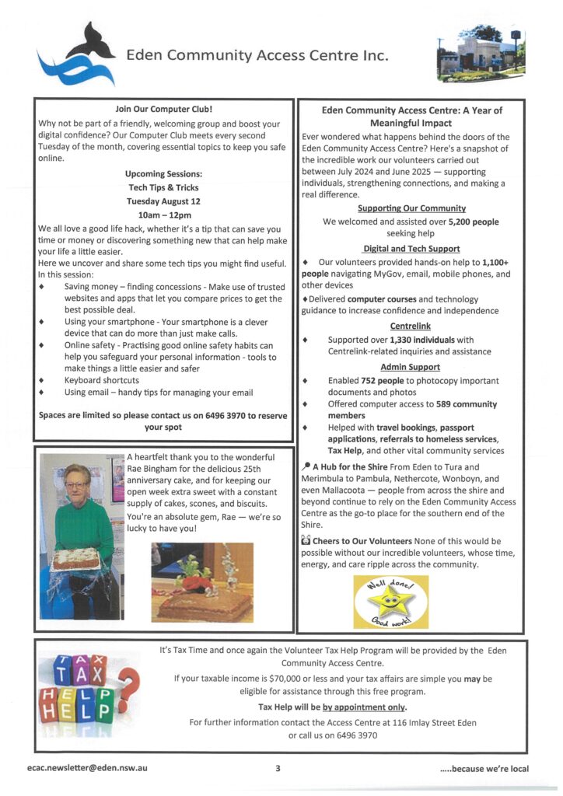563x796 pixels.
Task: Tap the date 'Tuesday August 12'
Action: click(163, 201)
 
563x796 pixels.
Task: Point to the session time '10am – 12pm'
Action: click(163, 215)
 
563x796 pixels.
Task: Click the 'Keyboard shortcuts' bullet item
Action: click(102, 380)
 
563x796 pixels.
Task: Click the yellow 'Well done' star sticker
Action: click(390, 602)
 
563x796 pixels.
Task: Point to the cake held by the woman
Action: click(75, 558)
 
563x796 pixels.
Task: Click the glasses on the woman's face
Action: click(75, 485)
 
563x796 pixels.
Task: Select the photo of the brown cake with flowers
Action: click(202, 581)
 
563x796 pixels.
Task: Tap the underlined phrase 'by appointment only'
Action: click(363, 707)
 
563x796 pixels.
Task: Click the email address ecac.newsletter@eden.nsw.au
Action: click(88, 768)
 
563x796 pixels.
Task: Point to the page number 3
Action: click(278, 768)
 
